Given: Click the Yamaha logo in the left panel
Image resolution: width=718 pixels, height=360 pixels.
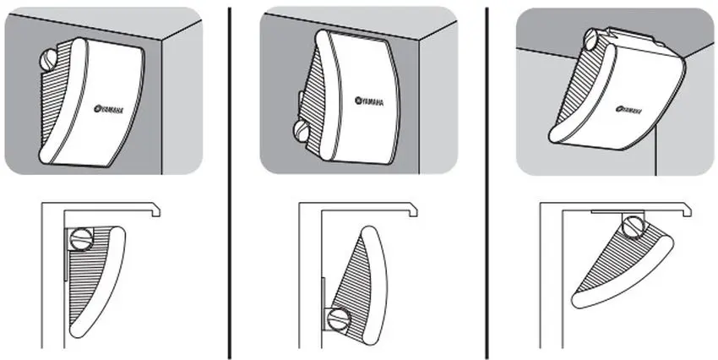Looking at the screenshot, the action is click(108, 108).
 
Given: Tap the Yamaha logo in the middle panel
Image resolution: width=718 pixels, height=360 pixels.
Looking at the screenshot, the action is click(369, 101).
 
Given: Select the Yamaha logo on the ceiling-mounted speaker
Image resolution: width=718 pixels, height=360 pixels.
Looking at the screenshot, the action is click(628, 110).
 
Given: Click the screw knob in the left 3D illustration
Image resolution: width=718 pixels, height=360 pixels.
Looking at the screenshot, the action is click(47, 59).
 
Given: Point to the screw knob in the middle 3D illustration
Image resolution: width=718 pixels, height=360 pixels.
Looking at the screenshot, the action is click(301, 130).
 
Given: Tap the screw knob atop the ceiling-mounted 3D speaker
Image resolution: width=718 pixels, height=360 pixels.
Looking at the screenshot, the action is click(590, 39).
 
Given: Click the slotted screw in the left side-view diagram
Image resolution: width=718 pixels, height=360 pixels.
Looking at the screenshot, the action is click(81, 238).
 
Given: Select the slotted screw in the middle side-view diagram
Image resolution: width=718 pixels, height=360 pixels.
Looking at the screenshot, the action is click(340, 319).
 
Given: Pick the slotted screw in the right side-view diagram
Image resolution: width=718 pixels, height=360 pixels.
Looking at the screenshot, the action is click(634, 227).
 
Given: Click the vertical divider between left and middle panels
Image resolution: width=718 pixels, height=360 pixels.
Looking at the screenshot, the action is click(229, 183).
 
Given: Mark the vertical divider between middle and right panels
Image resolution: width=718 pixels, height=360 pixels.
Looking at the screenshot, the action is click(487, 183).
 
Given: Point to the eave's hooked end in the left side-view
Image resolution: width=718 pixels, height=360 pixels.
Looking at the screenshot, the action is click(156, 210).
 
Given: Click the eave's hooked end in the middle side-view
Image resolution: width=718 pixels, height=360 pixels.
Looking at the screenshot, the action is click(413, 210).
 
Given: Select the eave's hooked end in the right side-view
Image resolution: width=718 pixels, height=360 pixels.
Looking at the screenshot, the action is click(687, 210).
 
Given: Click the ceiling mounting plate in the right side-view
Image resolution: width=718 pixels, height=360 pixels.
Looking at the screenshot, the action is click(617, 212).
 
